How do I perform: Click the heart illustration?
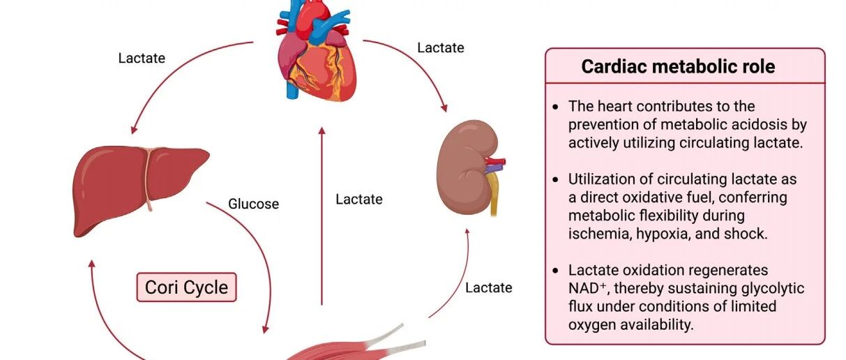(x=317, y=51)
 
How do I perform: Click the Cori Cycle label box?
(x=187, y=287)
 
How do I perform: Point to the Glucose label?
(x=253, y=204)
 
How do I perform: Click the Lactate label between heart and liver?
(x=142, y=58)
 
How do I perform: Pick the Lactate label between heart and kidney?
(x=441, y=48)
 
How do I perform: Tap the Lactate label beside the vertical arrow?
(x=359, y=200)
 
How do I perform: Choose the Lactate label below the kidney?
(x=489, y=288)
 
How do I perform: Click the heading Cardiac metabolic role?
(x=679, y=66)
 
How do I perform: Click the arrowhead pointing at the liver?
(x=133, y=130)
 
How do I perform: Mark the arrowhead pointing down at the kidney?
(x=444, y=108)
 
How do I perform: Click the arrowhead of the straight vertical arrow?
(x=322, y=130)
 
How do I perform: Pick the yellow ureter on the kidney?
(x=492, y=195)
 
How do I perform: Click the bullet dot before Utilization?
(x=555, y=179)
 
